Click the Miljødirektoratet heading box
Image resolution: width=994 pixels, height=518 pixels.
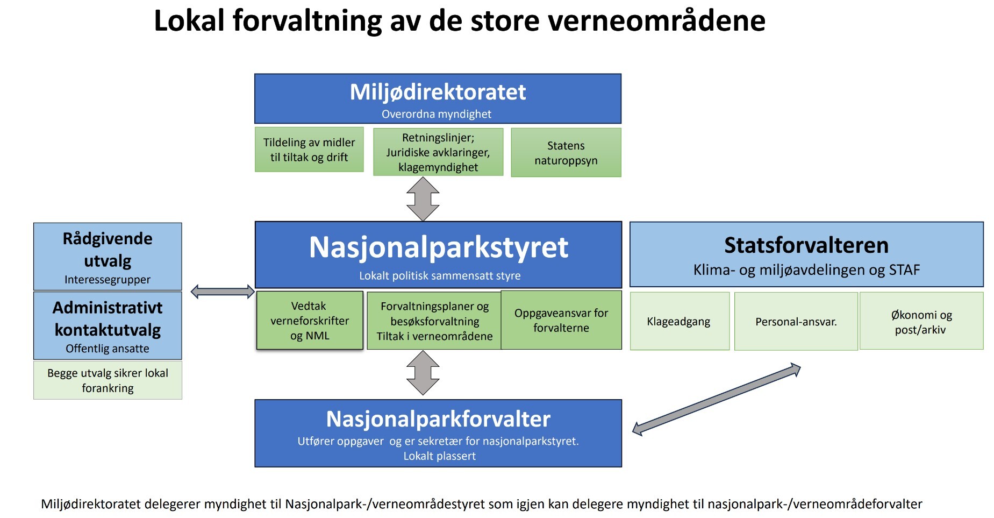tap(438, 99)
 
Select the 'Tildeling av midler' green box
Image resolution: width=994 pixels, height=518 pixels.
tap(309, 150)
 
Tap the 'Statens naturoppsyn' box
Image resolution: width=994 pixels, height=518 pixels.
tap(566, 152)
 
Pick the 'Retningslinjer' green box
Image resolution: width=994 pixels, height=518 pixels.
tap(438, 152)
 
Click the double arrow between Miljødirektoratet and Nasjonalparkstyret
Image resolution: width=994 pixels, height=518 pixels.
tap(423, 199)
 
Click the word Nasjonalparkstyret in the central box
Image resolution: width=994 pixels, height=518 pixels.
tap(439, 247)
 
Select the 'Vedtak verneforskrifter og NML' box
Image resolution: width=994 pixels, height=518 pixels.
tap(310, 321)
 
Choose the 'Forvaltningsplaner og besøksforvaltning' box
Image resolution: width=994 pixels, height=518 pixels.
tap(434, 321)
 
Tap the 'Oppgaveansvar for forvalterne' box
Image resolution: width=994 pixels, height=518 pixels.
tap(561, 320)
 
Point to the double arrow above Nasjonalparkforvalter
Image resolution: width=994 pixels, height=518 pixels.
tap(423, 373)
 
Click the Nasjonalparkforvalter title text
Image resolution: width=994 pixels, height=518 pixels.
tap(438, 419)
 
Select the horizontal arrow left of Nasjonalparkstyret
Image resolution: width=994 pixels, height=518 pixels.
tap(223, 292)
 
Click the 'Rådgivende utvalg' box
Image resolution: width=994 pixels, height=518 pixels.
tap(108, 257)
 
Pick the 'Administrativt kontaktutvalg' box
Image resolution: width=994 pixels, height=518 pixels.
tap(108, 325)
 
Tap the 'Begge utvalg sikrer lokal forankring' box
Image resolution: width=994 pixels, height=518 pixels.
tap(108, 380)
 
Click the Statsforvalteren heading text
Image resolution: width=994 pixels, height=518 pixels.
tap(806, 245)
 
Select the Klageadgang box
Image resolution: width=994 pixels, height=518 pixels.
tap(680, 321)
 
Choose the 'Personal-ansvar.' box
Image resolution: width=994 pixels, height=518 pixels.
tap(796, 321)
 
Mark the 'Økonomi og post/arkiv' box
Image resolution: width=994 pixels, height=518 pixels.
tap(921, 321)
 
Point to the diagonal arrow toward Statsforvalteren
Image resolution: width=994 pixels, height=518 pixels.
tap(717, 399)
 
